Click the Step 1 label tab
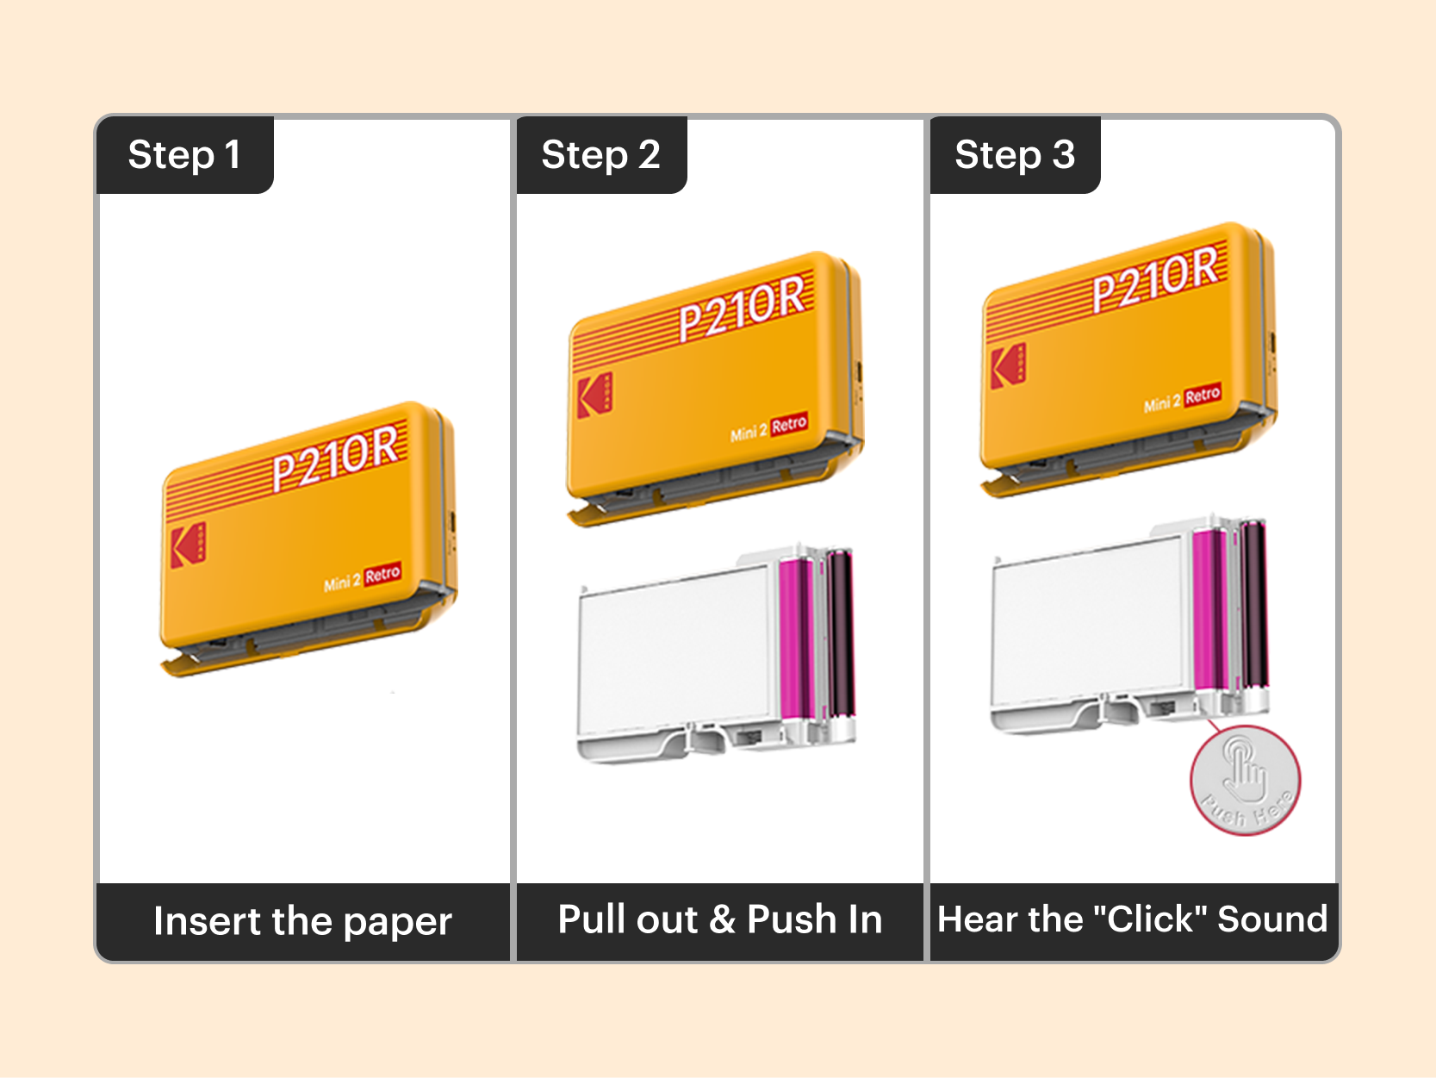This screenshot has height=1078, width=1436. coord(184,155)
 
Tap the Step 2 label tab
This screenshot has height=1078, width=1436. coord(600,155)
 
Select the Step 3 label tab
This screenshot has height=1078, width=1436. coord(1015,155)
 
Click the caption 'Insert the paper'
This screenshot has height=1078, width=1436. coord(302,921)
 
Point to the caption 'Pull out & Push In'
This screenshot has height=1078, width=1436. coord(720,919)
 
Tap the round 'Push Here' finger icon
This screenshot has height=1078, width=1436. coord(1246,780)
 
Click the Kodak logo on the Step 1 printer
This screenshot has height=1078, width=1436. coord(188,545)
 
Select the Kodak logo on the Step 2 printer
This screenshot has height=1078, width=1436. coord(594,395)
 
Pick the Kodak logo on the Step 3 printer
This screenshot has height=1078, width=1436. coord(1007,365)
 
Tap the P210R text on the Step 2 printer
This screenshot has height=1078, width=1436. coord(743,308)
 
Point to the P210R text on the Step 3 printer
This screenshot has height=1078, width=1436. coord(1156,277)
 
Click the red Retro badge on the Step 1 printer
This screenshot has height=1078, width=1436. coord(382,574)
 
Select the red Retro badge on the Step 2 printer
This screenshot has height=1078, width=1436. coord(789,424)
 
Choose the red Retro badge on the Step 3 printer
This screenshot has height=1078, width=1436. coord(1203,395)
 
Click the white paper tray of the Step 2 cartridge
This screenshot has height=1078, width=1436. coord(672,646)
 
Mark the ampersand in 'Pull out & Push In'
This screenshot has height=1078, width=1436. coord(722,919)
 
